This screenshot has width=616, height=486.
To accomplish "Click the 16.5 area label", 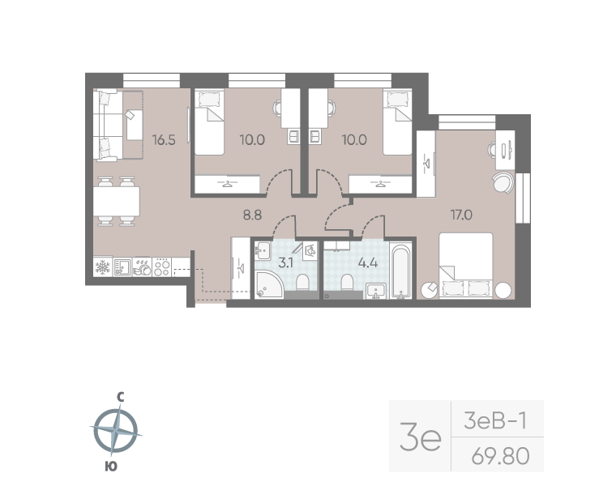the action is (x=164, y=140).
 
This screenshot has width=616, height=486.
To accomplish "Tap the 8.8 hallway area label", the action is (x=252, y=215).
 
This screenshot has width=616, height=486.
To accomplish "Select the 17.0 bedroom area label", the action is (x=461, y=215).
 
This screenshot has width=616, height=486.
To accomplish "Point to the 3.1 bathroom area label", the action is (x=285, y=262).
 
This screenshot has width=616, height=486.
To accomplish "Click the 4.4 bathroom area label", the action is (x=368, y=262).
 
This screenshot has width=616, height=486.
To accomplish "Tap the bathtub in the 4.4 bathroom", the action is (x=400, y=271).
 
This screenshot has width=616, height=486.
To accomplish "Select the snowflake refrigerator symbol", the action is (x=103, y=267).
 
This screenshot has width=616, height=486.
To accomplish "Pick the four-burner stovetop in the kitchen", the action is (x=161, y=267).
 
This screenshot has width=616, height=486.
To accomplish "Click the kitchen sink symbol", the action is (x=122, y=267).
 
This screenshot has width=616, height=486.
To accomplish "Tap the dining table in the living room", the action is (x=116, y=202).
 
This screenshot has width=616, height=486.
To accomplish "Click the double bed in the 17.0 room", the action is (x=466, y=266).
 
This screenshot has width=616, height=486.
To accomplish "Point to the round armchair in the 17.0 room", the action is (x=503, y=182).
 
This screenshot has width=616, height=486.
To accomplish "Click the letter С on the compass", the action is (x=121, y=398).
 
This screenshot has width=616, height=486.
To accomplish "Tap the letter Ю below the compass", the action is (x=111, y=467).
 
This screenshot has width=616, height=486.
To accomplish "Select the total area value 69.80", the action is (x=501, y=456).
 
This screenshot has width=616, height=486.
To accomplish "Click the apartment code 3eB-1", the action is (x=495, y=421).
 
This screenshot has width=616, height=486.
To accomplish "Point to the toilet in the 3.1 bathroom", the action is (x=302, y=281).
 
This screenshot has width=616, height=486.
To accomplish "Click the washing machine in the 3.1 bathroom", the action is (x=310, y=250).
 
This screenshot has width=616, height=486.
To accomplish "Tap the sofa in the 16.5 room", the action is (x=105, y=126).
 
